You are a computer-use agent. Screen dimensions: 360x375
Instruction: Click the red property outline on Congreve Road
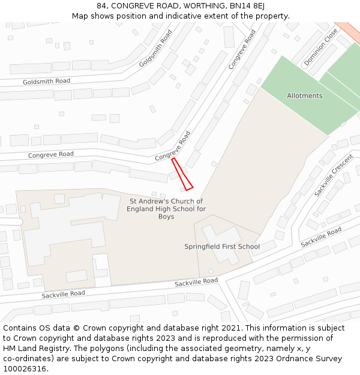(182, 175)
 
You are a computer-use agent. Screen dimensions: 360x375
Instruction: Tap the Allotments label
(304, 96)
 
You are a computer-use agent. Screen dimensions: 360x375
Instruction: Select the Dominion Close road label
(320, 47)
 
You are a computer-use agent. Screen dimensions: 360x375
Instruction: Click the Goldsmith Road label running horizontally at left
(46, 81)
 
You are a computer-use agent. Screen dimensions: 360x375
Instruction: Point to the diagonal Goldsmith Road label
(155, 48)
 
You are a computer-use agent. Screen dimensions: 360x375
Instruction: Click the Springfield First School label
(221, 247)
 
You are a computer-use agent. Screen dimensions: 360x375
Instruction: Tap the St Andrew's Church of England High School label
(166, 209)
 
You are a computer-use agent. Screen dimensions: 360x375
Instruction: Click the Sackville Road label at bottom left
(63, 294)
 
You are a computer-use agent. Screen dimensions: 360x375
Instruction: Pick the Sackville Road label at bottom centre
(196, 281)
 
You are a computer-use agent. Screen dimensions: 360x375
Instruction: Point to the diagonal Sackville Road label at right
(321, 237)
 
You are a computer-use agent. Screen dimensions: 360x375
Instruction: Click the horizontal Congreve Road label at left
(51, 155)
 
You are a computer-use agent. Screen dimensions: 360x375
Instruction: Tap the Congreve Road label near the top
(242, 49)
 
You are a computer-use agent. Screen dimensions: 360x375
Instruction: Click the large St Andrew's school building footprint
(66, 234)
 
